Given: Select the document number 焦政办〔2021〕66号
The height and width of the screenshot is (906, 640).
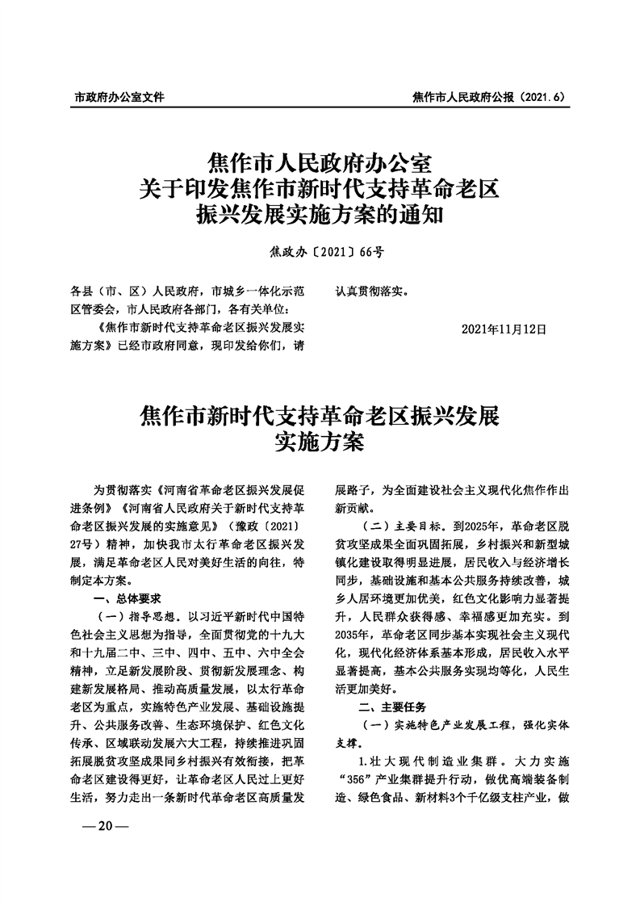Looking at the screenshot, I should [320, 251].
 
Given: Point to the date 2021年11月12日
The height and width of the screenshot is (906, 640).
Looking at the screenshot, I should [504, 329].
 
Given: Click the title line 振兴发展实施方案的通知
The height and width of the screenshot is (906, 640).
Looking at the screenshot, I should [320, 216].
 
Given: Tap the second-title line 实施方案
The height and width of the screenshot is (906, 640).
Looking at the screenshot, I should [320, 443].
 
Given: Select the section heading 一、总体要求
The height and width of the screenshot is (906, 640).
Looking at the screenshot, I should [128, 598].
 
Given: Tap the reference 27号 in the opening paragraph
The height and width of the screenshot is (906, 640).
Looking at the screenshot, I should [86, 544].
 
